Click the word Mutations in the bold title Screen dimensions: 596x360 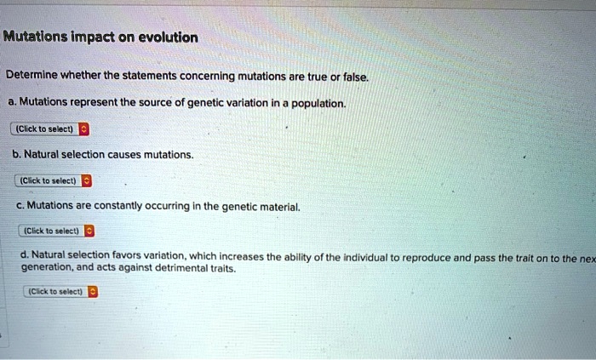click(36, 37)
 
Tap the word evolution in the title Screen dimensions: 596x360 click(168, 37)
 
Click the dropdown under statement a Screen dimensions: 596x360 click(49, 129)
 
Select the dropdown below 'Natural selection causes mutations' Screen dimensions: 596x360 click(53, 180)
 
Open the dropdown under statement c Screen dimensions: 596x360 click(57, 231)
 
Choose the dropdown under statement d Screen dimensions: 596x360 click(60, 292)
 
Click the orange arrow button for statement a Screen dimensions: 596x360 click(84, 129)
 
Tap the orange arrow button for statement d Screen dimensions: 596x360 click(93, 292)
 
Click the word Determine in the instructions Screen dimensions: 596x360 click(32, 75)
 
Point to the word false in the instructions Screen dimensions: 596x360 click(356, 77)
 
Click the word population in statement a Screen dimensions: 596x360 click(318, 104)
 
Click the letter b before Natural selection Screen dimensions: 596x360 click(16, 154)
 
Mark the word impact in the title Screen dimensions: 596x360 click(92, 37)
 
